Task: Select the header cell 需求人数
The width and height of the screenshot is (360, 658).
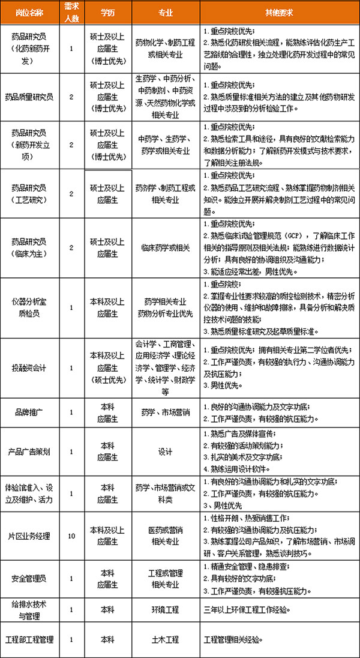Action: [x=72, y=12]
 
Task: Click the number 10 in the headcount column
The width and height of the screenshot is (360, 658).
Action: [x=72, y=536]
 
